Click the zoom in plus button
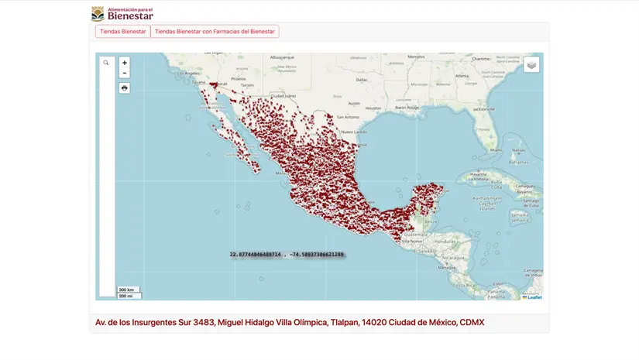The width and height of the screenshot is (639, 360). tap(125, 63)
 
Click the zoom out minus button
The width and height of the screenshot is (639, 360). tap(125, 73)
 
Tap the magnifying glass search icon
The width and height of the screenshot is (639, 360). tap(106, 63)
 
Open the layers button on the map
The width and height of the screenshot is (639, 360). tap(531, 65)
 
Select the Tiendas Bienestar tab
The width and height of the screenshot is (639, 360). tap(122, 32)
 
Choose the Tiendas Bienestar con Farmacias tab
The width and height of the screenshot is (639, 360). tap(215, 32)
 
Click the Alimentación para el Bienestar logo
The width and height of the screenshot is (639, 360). tap(122, 13)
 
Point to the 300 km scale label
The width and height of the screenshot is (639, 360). tap(126, 290)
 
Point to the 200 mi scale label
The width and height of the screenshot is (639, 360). tap(126, 296)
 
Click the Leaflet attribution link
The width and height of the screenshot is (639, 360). tap(534, 297)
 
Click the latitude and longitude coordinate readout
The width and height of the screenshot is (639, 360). tap(287, 254)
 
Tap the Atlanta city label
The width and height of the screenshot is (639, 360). tap(462, 76)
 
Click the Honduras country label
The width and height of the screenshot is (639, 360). tap(448, 241)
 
